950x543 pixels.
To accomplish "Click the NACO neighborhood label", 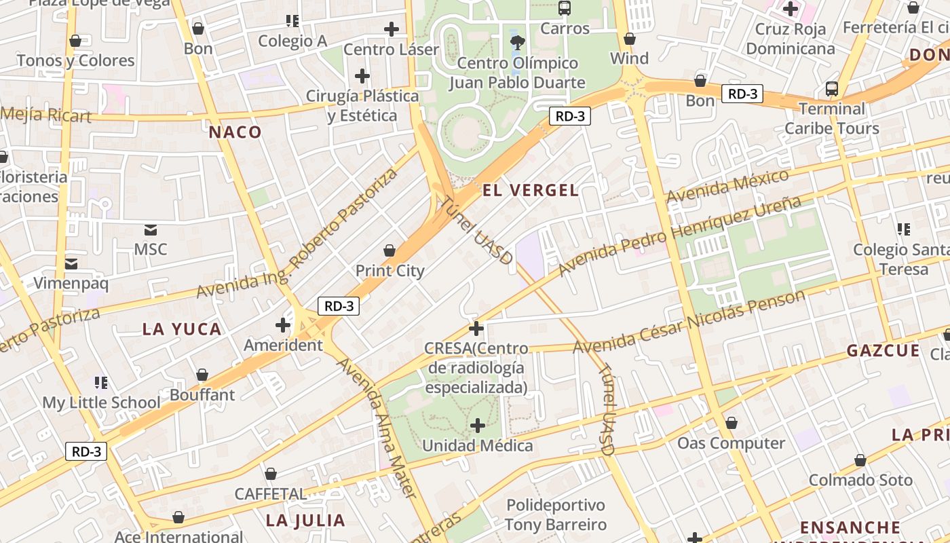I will (x=235, y=132).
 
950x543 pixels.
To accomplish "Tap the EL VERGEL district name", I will (x=530, y=190).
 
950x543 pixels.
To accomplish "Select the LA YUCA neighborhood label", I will (x=182, y=329).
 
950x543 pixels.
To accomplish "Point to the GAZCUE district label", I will (x=883, y=351).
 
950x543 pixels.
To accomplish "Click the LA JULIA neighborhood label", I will (x=305, y=521).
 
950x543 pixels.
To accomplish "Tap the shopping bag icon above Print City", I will (x=389, y=251).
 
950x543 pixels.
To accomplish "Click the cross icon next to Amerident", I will (x=283, y=325).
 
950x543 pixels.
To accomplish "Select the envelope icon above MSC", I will (x=150, y=230).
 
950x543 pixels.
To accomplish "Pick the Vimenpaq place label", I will (x=71, y=283).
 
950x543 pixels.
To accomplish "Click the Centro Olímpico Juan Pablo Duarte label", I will (x=517, y=73).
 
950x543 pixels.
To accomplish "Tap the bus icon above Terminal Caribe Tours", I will (x=831, y=89).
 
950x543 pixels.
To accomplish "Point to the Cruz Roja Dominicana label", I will (x=790, y=39).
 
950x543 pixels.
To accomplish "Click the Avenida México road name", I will (x=728, y=185).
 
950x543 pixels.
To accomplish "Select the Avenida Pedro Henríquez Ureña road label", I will (x=679, y=236).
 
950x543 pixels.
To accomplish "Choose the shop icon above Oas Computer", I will (x=731, y=424).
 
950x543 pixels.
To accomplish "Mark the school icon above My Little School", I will (x=101, y=383).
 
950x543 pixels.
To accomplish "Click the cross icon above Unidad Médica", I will (x=478, y=426).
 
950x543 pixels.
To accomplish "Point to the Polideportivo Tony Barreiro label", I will (x=556, y=514).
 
